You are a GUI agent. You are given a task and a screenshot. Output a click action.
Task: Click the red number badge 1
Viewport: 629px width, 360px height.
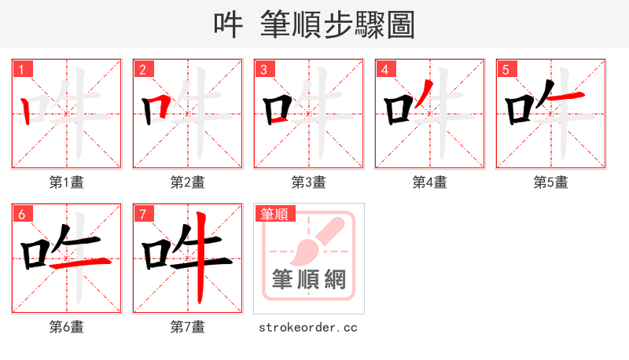(x=21, y=69)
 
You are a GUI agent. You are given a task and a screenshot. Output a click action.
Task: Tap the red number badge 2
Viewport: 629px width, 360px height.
(x=142, y=69)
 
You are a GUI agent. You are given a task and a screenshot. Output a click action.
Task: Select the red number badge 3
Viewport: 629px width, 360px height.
(x=263, y=69)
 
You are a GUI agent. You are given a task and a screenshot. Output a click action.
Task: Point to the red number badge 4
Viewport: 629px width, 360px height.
(x=384, y=69)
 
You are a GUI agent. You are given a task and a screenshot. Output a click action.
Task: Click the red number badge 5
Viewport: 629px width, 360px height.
(x=506, y=69)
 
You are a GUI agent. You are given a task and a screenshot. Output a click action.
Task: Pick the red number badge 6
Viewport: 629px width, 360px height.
(x=21, y=214)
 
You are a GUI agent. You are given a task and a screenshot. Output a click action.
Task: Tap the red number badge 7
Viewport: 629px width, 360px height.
(x=142, y=214)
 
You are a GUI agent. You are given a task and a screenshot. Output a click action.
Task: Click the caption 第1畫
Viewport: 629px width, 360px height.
(x=67, y=182)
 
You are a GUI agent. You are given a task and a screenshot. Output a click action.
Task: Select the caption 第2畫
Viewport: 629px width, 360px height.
(x=188, y=182)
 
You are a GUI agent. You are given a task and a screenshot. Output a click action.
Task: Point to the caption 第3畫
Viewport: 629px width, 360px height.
(x=309, y=182)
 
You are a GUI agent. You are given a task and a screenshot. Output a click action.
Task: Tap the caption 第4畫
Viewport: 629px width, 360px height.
(x=430, y=182)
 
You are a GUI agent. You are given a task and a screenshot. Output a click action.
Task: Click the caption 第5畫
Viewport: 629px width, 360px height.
(x=551, y=182)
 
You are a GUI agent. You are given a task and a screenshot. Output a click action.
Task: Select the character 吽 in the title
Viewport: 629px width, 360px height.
(x=229, y=25)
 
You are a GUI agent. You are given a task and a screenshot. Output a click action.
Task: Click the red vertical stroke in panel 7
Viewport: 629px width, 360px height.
(x=201, y=259)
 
